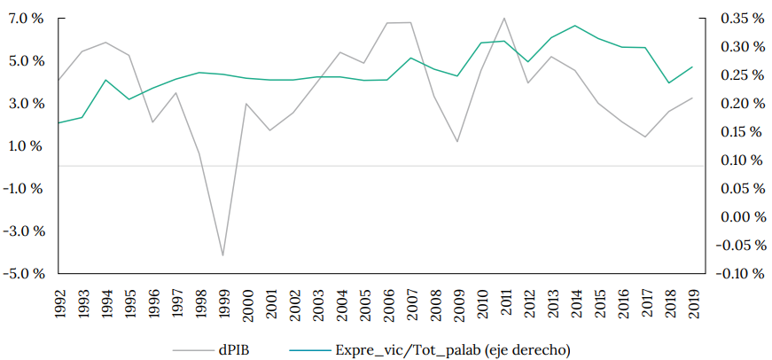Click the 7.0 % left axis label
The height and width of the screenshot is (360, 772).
point(27,19)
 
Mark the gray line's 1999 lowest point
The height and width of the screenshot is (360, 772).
point(222,255)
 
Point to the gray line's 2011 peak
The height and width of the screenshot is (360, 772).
point(503,18)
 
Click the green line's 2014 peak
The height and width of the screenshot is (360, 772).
point(574,26)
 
